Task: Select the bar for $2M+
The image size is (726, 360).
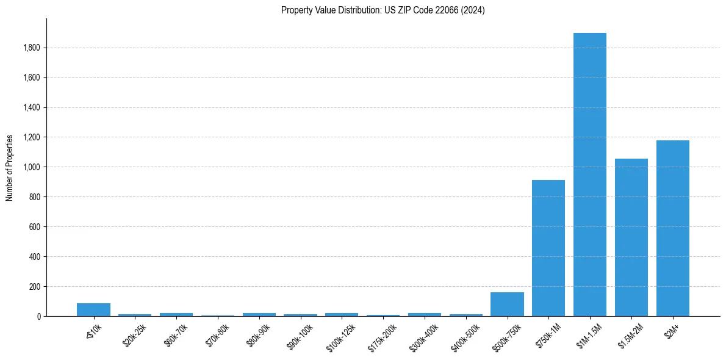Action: click(x=673, y=228)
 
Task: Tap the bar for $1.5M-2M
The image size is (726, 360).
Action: click(x=631, y=237)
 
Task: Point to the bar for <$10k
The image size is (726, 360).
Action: click(x=93, y=309)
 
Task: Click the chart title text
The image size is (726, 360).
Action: click(x=383, y=10)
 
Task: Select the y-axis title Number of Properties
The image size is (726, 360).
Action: click(x=10, y=167)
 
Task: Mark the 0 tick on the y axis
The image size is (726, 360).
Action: click(x=39, y=317)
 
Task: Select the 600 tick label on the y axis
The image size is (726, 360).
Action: click(x=35, y=227)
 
